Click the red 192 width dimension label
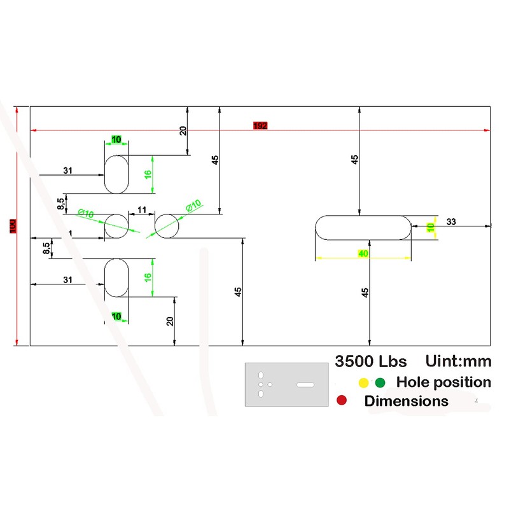coord(260,126)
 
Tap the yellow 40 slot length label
coord(363,254)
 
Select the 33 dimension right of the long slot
coord(451,221)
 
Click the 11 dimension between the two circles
coord(141,209)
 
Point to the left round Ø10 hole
coord(116,226)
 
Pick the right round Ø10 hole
coord(167,226)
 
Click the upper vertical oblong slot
coord(116,174)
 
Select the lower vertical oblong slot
coord(116,277)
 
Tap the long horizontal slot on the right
coord(363,227)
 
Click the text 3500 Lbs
coord(370,361)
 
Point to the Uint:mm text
coord(457,361)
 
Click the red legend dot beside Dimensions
coord(342,401)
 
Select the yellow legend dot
coord(363,382)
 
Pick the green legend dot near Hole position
coord(380,382)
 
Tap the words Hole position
coord(443,382)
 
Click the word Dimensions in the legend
coord(406,401)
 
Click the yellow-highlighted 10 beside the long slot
coord(431,227)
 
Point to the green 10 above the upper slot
coord(116,139)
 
